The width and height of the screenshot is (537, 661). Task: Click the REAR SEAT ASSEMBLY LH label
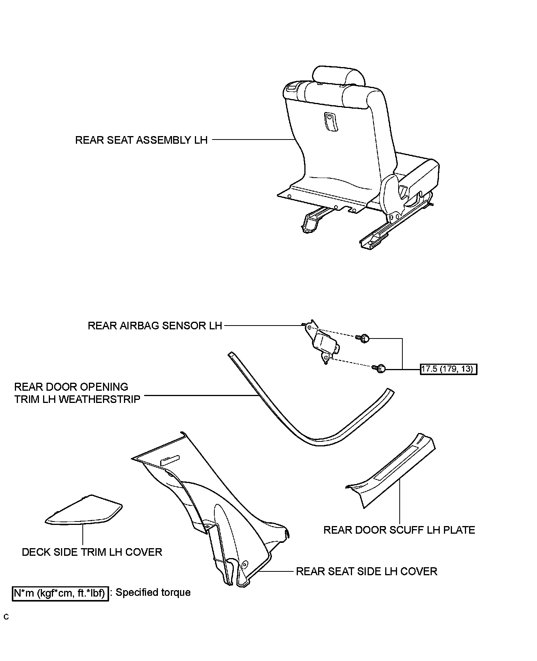[x=141, y=140]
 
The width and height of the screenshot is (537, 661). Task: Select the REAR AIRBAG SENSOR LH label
[x=154, y=326]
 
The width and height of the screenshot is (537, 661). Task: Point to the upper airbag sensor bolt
[x=364, y=338]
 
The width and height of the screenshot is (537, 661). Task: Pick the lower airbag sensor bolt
[x=380, y=369]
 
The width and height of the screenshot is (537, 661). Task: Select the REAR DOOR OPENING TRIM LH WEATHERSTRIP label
[x=77, y=393]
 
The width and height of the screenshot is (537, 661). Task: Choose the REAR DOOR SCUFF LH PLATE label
[x=399, y=530]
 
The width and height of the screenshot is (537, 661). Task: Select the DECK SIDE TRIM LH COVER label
[x=92, y=552]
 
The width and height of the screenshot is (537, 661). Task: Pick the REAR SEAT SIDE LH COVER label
[x=367, y=571]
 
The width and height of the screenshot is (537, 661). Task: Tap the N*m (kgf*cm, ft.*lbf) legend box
[x=60, y=594]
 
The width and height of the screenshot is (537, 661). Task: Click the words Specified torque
[x=153, y=593]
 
